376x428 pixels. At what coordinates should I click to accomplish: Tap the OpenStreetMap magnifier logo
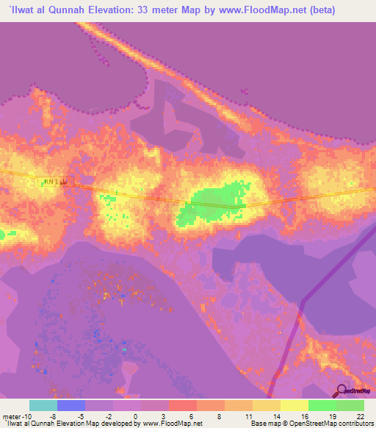342,390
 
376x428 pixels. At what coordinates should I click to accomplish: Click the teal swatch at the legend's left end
43,406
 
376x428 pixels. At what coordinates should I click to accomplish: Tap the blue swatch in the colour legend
70,406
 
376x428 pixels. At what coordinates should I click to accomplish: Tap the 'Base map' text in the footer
264,423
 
